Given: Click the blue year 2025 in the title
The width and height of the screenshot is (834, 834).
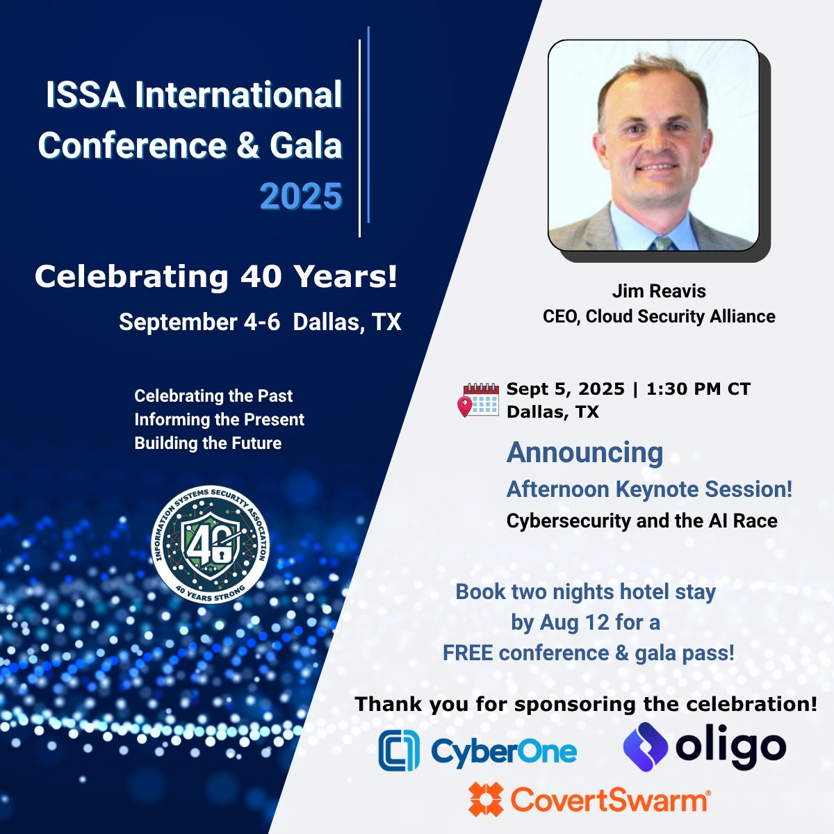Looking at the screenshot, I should tap(301, 197).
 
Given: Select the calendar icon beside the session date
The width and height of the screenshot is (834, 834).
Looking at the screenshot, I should tap(479, 400).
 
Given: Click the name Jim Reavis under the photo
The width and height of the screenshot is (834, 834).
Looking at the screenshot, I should tap(659, 291).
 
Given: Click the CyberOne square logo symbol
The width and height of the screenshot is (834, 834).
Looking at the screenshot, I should tap(399, 751).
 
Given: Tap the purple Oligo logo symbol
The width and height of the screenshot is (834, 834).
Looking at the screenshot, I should tap(646, 747).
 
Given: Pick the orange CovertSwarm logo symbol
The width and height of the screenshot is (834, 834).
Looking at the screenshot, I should tap(485, 799).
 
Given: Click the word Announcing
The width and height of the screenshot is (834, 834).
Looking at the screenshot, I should tap(585, 452).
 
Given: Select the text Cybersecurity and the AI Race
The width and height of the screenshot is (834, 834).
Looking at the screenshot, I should tap(641, 521).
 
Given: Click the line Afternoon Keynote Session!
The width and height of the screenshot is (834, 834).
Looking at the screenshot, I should tap(649, 489).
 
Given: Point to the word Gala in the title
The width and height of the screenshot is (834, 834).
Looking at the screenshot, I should tap(306, 145).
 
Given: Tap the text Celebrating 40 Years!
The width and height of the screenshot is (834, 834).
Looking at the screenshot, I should tap(216, 277).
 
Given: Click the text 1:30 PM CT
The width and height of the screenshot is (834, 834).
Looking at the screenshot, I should tap(698, 389).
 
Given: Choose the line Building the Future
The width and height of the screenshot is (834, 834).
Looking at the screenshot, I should tap(208, 443).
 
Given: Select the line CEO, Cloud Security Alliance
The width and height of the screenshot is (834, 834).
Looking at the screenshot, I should tap(659, 316).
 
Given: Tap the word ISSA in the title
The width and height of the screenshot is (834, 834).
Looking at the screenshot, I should tap(85, 95).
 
